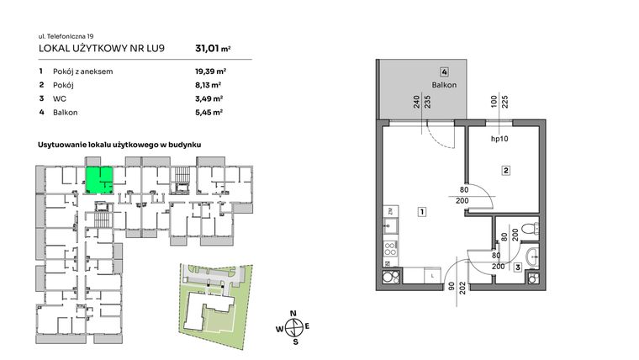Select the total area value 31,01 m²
pyautogui.click(x=212, y=49)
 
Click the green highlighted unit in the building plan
pyautogui.click(x=98, y=178)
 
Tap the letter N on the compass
pyautogui.click(x=293, y=314)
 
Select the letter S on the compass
pyautogui.click(x=294, y=341)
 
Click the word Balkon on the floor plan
pyautogui.click(x=443, y=86)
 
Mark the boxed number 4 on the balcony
pyautogui.click(x=443, y=73)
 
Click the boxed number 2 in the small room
pyautogui.click(x=506, y=172)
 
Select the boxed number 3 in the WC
pyautogui.click(x=517, y=267)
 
